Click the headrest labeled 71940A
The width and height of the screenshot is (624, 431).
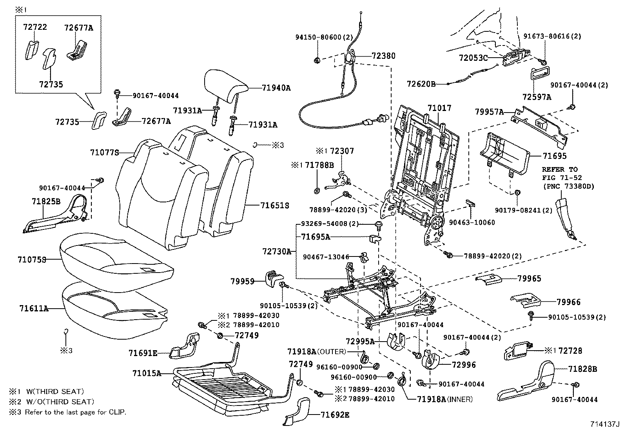click(x=226, y=85)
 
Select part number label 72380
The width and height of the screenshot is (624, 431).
click(x=383, y=56)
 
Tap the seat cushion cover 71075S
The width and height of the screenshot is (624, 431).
click(x=116, y=262)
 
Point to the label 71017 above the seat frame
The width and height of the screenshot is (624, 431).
click(x=439, y=108)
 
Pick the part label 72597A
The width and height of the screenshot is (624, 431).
click(x=537, y=97)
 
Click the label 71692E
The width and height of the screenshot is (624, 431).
click(x=335, y=415)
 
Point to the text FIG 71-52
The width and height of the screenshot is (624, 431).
click(x=562, y=178)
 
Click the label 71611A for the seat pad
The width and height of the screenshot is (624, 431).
click(x=34, y=308)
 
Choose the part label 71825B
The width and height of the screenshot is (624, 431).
click(x=46, y=201)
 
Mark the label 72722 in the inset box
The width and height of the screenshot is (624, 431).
click(x=35, y=27)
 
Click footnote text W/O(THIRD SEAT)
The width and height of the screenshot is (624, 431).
click(x=60, y=402)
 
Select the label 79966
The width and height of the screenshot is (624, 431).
click(x=568, y=302)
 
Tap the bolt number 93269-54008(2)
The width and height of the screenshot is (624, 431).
click(x=330, y=224)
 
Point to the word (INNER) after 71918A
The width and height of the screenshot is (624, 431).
click(x=460, y=399)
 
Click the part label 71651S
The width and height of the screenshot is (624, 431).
click(x=275, y=205)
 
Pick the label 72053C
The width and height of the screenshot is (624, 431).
click(x=473, y=58)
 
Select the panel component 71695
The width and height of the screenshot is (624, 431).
click(x=504, y=154)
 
